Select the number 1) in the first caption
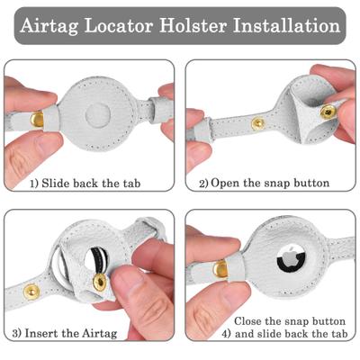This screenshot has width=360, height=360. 35,184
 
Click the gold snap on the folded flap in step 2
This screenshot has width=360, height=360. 328,112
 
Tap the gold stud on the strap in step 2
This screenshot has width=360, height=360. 258,123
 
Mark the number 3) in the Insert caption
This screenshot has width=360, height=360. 17,334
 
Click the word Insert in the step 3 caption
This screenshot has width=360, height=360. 43,334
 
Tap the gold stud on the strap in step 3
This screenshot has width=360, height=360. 31,291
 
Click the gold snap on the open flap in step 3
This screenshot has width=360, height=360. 99,283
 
